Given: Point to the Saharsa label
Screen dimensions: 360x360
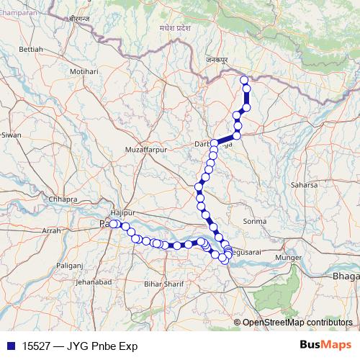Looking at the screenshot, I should click(304, 185).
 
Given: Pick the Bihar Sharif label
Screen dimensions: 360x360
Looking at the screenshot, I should click(161, 285).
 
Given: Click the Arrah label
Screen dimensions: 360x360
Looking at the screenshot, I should click(52, 230).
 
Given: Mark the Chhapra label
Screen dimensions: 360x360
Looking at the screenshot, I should click(63, 199).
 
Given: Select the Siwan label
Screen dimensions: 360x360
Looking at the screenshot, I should click(12, 135).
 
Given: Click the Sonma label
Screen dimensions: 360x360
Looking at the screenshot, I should click(256, 221).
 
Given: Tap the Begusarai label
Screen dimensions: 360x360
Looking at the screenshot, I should click(247, 253).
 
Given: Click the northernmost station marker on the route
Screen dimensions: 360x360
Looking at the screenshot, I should click(243, 80).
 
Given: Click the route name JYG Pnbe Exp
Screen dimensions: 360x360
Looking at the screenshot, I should click(102, 346).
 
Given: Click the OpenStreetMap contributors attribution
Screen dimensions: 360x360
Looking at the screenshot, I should click(297, 323).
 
